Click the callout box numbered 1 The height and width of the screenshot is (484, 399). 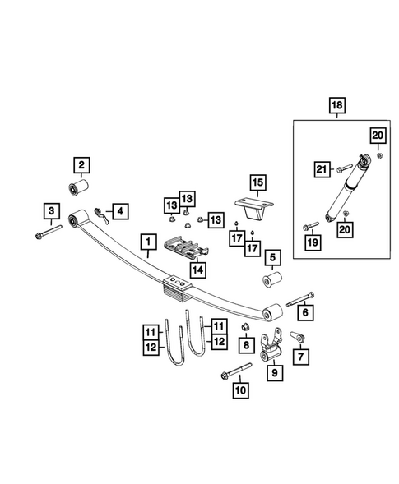[x=148, y=243]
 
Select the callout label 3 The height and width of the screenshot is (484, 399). [x=51, y=212]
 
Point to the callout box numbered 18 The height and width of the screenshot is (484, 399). [x=337, y=105]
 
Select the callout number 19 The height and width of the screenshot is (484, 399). [x=312, y=242]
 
